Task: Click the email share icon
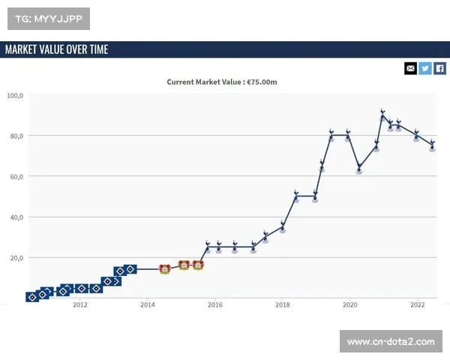(410, 68)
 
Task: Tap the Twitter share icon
(425, 68)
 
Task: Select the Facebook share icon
(440, 68)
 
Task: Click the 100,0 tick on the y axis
(15, 95)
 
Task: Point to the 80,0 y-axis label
(15, 136)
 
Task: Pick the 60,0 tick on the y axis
(15, 176)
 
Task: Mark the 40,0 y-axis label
(15, 217)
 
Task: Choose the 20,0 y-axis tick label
(15, 257)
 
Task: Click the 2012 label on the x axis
(80, 305)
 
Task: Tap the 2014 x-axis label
(148, 305)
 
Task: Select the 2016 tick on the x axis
(215, 305)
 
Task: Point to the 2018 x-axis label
(283, 305)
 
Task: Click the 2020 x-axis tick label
(350, 305)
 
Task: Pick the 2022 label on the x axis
(418, 305)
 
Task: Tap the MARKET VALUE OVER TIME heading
(57, 49)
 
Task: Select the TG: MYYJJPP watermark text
(48, 17)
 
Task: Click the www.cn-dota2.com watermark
(391, 342)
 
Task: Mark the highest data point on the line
(382, 115)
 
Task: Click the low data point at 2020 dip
(359, 167)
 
